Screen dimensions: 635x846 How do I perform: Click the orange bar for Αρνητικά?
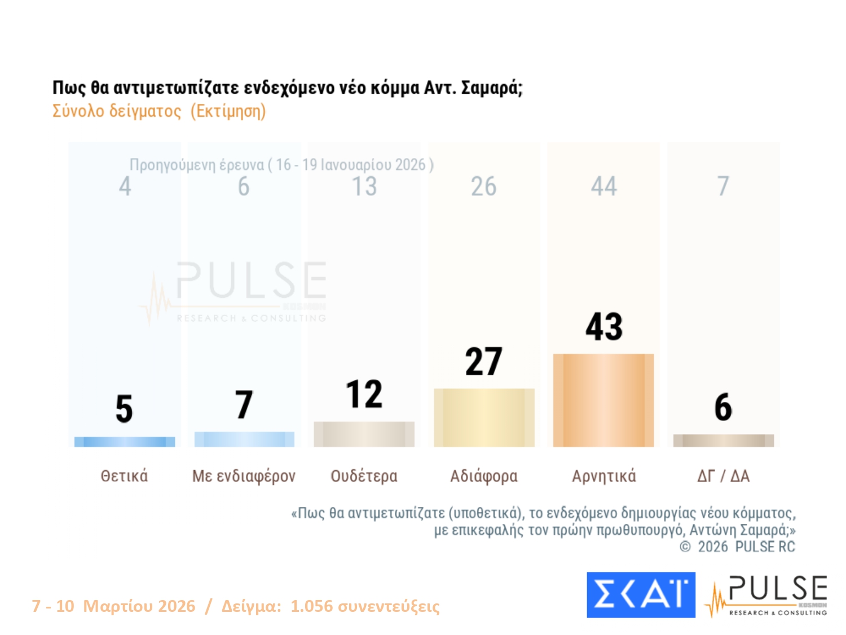coord(603,400)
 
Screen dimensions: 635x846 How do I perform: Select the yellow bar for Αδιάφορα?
coord(484,418)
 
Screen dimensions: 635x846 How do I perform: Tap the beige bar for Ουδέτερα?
coord(364,434)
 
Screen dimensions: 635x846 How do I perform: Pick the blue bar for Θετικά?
coord(125,442)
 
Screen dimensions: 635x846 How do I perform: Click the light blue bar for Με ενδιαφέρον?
coord(244,439)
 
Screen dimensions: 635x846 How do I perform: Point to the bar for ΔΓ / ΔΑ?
coord(723,440)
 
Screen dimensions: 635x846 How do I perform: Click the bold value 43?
coord(604,327)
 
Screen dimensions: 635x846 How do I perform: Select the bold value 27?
coord(484,362)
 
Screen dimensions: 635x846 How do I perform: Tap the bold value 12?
coord(364,394)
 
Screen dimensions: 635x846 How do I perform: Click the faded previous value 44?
coord(604,186)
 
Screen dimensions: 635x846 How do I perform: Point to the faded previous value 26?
coord(484,186)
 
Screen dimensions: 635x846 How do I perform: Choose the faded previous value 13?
coord(364,186)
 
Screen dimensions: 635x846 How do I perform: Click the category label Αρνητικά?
coord(604,476)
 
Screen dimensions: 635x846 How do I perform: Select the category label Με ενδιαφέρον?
coord(244,476)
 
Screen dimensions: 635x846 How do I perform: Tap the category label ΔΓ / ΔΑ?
coord(723,476)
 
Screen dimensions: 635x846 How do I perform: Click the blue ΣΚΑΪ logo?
coord(641,595)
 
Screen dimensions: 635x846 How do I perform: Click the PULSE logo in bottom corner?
coord(767,595)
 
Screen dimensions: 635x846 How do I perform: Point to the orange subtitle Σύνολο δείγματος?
coord(117,111)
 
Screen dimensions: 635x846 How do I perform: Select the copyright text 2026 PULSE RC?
coord(746,546)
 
